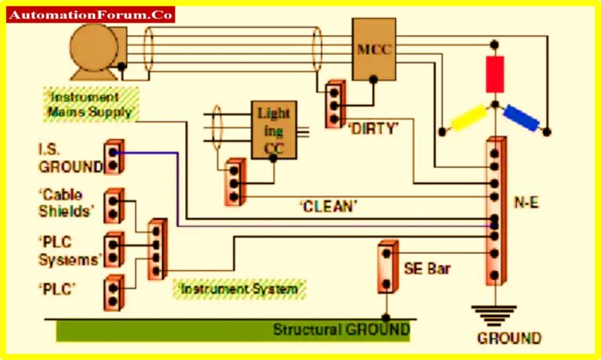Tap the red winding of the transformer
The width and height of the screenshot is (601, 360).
(x=495, y=75)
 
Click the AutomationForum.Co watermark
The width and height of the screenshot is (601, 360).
(x=91, y=15)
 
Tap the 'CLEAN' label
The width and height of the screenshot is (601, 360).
(x=329, y=207)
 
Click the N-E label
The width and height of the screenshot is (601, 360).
(x=525, y=202)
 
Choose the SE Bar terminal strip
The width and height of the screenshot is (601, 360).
(x=386, y=267)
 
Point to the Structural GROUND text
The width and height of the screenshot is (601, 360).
(x=340, y=329)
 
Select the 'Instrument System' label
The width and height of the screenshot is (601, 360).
(x=239, y=289)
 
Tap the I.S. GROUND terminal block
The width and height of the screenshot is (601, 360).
(x=114, y=157)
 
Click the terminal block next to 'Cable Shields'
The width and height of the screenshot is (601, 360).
(x=114, y=206)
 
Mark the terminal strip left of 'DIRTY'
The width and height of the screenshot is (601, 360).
(x=335, y=103)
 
